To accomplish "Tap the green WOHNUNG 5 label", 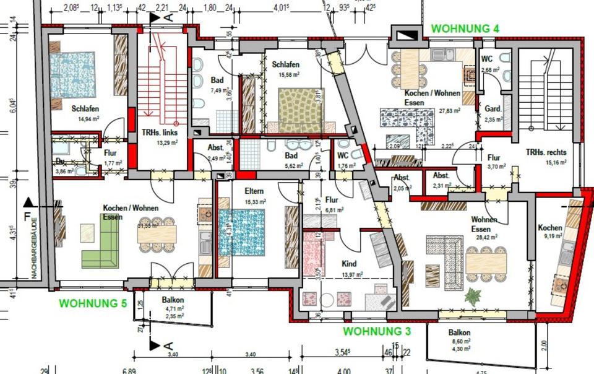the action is pyautogui.click(x=93, y=303).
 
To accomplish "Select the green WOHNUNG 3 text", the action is pyautogui.click(x=377, y=331).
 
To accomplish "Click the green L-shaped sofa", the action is pyautogui.click(x=99, y=242).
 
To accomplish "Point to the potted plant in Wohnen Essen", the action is pyautogui.click(x=475, y=295).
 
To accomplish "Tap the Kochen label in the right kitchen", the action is pyautogui.click(x=550, y=227).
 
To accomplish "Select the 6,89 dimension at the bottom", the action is pyautogui.click(x=129, y=371).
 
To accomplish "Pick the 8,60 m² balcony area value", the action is pyautogui.click(x=460, y=341).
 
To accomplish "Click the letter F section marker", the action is pyautogui.click(x=27, y=217).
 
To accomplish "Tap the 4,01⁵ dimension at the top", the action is pyautogui.click(x=281, y=8).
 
